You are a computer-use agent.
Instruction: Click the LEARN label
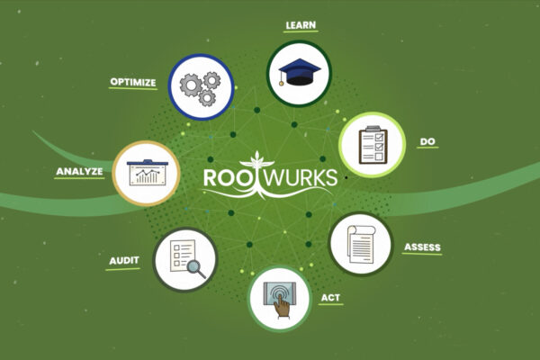click(300, 25)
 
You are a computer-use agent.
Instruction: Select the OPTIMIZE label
click(133, 82)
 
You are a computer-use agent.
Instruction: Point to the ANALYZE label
click(79, 170)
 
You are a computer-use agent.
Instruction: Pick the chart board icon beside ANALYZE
click(144, 173)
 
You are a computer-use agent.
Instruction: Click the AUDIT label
click(123, 259)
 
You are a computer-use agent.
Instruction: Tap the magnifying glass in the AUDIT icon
click(197, 267)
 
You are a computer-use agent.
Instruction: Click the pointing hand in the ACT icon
click(283, 306)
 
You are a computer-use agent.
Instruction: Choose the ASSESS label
click(422, 247)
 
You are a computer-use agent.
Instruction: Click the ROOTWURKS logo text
click(270, 177)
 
